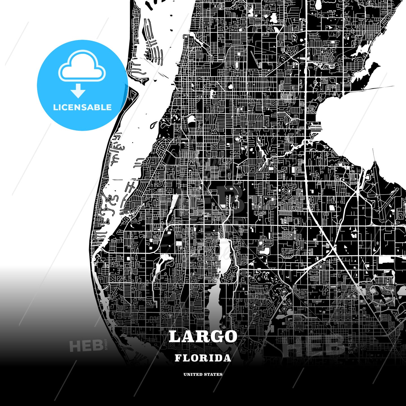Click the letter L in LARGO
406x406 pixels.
click(x=175, y=337)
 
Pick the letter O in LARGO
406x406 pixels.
click(x=230, y=337)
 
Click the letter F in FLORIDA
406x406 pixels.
click(x=178, y=358)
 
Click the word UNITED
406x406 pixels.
click(x=193, y=374)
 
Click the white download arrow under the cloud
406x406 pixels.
click(x=78, y=91)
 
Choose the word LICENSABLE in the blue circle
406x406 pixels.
click(x=82, y=107)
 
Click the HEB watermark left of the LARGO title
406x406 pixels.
click(x=86, y=346)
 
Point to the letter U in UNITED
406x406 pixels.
click(x=185, y=374)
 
